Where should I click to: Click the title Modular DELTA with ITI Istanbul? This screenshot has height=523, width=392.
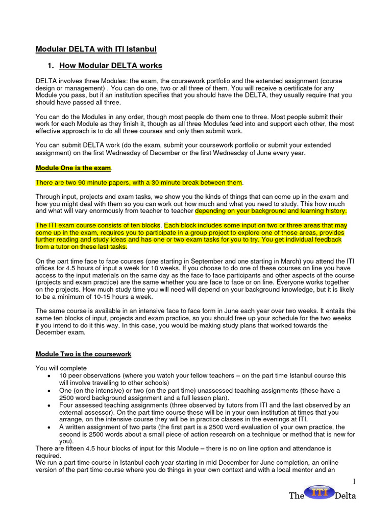(96, 49)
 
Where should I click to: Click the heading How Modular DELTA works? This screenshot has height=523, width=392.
(111, 65)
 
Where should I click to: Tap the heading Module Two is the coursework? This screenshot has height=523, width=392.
(83, 354)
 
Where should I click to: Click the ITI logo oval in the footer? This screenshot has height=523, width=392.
(320, 492)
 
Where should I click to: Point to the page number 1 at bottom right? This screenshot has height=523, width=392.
(354, 482)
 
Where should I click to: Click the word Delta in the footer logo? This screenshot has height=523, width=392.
(346, 496)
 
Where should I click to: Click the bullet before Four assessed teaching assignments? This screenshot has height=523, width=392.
(48, 405)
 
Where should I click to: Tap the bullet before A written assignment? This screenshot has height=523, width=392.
(48, 427)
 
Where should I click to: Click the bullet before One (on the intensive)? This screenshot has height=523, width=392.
(48, 390)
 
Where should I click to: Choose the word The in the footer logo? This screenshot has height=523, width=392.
(297, 496)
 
